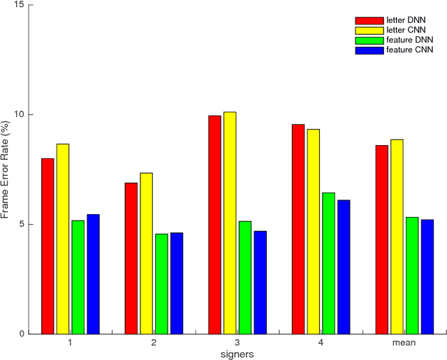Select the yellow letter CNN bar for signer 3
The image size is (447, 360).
click(230, 223)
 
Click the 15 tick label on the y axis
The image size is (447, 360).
click(19, 5)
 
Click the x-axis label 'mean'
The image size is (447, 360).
click(404, 343)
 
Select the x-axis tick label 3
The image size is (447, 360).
click(237, 343)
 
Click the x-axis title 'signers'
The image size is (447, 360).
click(237, 354)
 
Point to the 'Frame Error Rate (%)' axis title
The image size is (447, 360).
click(6, 170)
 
